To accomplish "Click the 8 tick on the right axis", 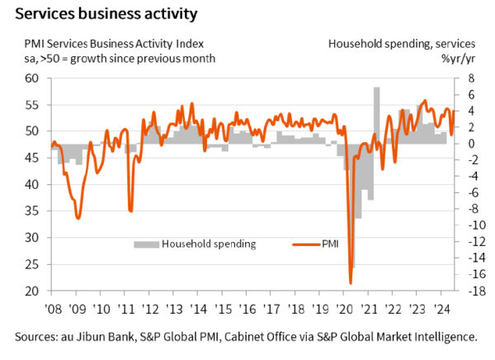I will click(x=468, y=78).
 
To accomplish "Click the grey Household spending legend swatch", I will click(x=146, y=244).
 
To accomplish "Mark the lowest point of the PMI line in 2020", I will click(x=351, y=284).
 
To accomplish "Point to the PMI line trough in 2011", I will click(x=130, y=211).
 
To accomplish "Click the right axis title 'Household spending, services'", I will click(x=402, y=43).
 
